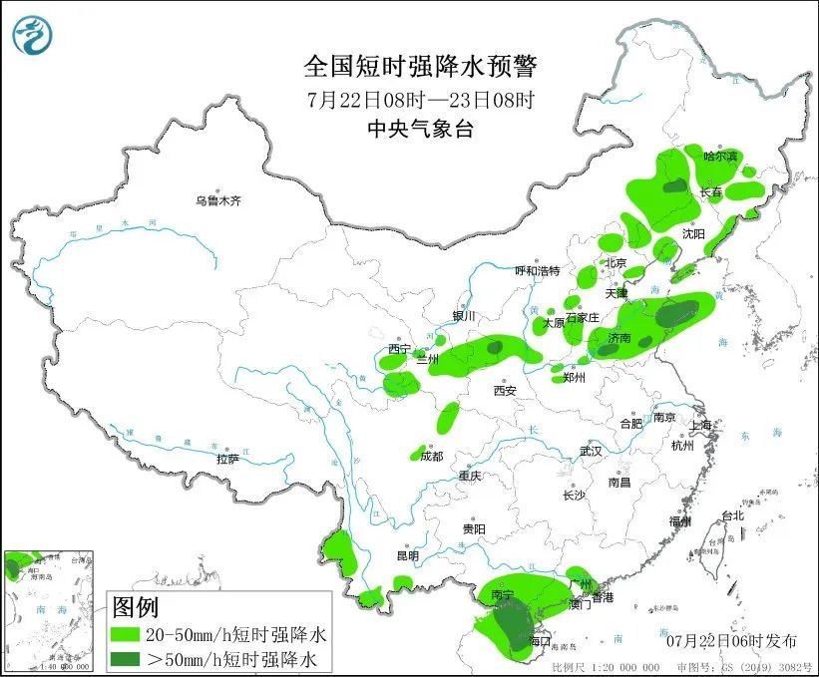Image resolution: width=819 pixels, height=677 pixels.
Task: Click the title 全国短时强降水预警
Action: click(x=420, y=67)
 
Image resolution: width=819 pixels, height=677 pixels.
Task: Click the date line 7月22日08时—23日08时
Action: click(x=420, y=101)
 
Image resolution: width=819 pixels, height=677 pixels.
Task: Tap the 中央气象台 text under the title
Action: click(x=420, y=129)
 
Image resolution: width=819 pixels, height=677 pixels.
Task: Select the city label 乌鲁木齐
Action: click(x=217, y=200)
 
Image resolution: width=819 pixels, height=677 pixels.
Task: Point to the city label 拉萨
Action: click(x=227, y=459)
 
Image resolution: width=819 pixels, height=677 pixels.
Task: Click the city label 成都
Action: click(x=432, y=456)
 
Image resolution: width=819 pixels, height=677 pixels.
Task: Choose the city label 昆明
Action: click(x=408, y=555)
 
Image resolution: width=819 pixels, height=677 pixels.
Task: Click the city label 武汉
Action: click(x=591, y=451)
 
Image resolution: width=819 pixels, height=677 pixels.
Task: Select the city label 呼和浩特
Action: click(x=537, y=270)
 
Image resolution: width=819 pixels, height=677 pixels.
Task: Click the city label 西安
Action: click(x=505, y=391)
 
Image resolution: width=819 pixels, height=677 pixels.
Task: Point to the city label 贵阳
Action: click(x=474, y=528)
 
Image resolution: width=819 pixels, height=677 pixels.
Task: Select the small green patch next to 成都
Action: click(x=418, y=454)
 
